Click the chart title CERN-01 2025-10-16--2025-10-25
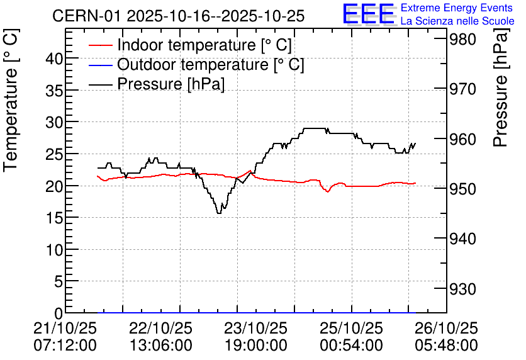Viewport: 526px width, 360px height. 179,16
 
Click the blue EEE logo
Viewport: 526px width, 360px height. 369,14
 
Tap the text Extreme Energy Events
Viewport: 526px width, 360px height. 457,8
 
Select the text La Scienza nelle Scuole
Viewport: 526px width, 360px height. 457,21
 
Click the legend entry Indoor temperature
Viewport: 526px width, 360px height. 204,45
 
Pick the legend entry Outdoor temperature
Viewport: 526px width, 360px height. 210,64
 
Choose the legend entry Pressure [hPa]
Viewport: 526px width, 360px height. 171,84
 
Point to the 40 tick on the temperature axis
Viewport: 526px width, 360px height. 54,59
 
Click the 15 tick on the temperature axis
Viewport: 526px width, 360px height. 54,218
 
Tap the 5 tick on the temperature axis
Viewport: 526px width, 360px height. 59,282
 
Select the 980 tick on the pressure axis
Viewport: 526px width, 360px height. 462,39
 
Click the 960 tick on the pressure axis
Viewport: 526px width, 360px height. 462,139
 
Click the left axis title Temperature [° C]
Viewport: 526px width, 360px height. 11,101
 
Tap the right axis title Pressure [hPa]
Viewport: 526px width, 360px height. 501,87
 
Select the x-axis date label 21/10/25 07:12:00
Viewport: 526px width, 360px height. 65,337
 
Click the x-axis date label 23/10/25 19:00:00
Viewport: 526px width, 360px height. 255,337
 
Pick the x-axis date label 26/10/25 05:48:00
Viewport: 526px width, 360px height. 446,337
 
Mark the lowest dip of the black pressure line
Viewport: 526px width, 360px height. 219,213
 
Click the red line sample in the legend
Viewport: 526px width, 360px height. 100,45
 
